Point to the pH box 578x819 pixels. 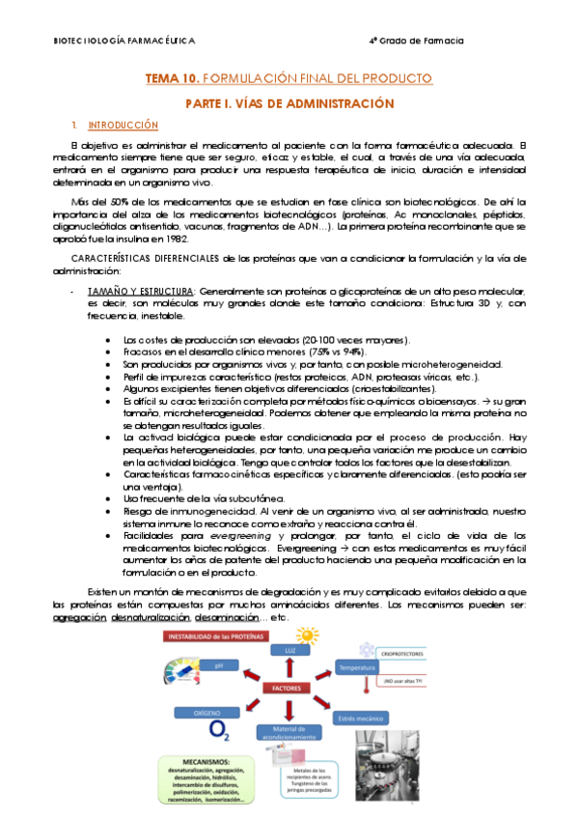[x=221, y=665]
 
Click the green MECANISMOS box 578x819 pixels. [x=199, y=779]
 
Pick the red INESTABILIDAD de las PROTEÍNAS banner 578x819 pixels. [x=211, y=636]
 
